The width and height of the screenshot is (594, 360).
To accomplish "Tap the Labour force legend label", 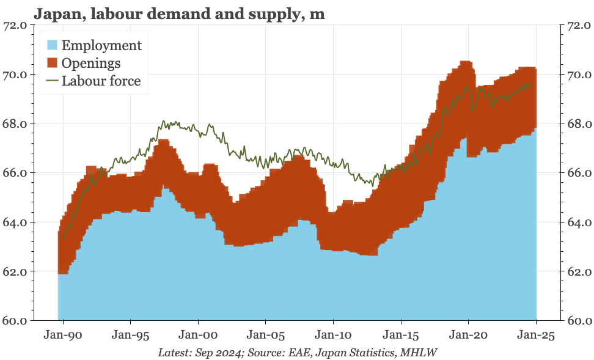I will coord(101,81).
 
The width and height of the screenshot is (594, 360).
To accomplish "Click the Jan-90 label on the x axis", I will coord(62,336).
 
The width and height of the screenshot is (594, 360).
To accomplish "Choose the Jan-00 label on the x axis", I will coord(197,336).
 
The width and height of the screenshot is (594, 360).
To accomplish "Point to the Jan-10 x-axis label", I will coord(333,336).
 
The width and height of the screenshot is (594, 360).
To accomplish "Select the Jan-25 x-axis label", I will coord(536,336).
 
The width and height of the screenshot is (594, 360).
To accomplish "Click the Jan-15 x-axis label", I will coord(401,336).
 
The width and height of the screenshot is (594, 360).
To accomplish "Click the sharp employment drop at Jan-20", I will coord(467,147).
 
